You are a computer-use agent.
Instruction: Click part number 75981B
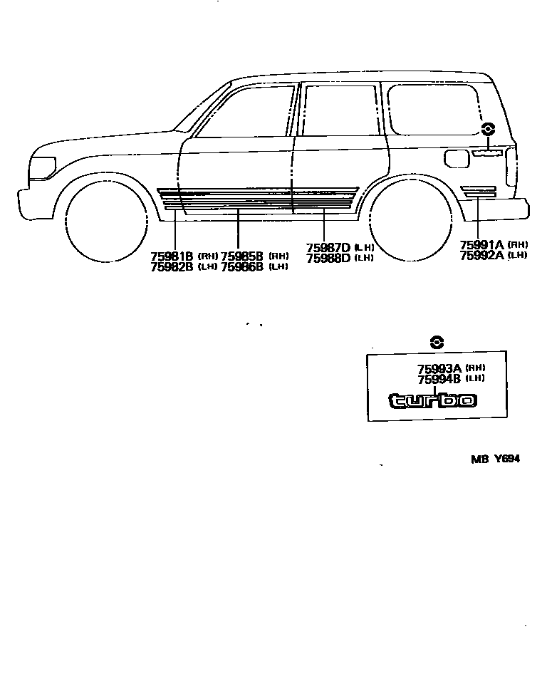pyautogui.click(x=172, y=256)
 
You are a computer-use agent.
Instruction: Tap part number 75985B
pyautogui.click(x=242, y=256)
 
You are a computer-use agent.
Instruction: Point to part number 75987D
pyautogui.click(x=328, y=248)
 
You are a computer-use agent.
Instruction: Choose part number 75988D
pyautogui.click(x=328, y=259)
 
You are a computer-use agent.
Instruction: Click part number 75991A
pyautogui.click(x=481, y=244)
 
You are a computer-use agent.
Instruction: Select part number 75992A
pyautogui.click(x=481, y=255)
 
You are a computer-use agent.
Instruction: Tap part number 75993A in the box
pyautogui.click(x=439, y=368)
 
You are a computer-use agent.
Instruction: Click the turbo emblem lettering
pyautogui.click(x=432, y=400)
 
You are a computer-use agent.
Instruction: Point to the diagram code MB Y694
pyautogui.click(x=494, y=459)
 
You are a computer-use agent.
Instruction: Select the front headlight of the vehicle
pyautogui.click(x=42, y=168)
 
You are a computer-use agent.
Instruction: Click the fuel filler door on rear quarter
pyautogui.click(x=456, y=158)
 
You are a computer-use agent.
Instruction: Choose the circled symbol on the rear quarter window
pyautogui.click(x=488, y=129)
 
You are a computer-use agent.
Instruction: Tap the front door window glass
pyautogui.click(x=246, y=112)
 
